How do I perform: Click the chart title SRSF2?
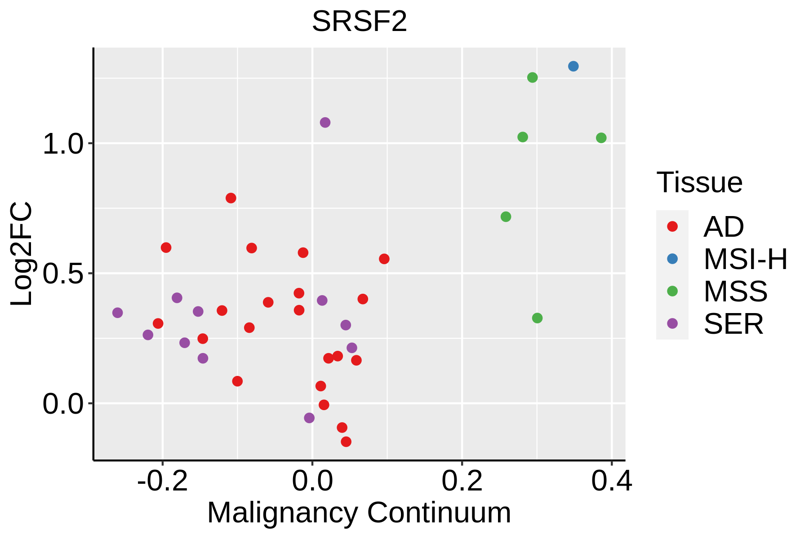(x=360, y=21)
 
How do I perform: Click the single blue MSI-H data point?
(x=573, y=66)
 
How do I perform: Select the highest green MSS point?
(x=532, y=77)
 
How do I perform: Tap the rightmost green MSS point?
(x=601, y=137)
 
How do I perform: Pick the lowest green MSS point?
(x=537, y=318)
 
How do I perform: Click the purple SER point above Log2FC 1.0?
(x=325, y=122)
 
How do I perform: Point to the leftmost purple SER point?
(x=117, y=312)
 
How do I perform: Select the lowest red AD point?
(x=346, y=442)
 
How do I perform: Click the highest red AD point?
(x=231, y=198)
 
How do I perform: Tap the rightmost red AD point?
(x=384, y=258)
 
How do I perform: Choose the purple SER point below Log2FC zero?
(x=309, y=418)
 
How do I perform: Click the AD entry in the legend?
(x=724, y=226)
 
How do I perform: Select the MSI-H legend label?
(x=746, y=259)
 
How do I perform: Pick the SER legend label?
(x=733, y=323)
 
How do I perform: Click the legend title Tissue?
(x=699, y=182)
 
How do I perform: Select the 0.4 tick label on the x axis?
(x=611, y=481)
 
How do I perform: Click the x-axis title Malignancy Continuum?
(x=359, y=512)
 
